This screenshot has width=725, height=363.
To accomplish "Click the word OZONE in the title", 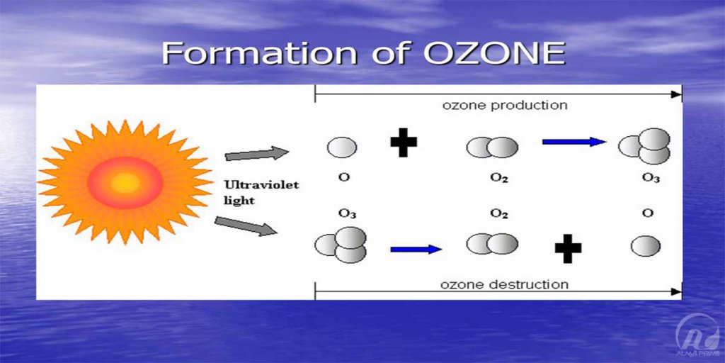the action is [494, 52].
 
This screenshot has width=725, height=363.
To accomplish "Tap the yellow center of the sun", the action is [125, 182].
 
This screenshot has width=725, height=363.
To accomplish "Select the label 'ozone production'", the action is [504, 105].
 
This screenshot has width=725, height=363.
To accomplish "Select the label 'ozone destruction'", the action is [504, 284].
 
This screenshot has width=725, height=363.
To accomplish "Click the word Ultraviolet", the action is [262, 185].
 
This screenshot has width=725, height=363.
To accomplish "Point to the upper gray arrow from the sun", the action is [257, 154].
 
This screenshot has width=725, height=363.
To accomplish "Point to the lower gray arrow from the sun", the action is [246, 226].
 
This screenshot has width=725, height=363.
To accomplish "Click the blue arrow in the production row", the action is [573, 142].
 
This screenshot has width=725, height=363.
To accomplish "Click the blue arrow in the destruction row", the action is [416, 250].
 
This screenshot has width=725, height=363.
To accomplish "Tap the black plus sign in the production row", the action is [404, 142].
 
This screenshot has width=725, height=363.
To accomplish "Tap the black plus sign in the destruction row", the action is [569, 249].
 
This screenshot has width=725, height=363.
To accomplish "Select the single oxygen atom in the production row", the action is [342, 147].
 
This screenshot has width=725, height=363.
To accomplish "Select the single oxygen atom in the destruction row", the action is [646, 246].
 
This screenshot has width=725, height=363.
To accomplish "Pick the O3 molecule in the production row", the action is [644, 146].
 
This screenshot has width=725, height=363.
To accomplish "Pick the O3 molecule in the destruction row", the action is [341, 245].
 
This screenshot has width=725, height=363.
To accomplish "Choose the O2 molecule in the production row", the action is [493, 147].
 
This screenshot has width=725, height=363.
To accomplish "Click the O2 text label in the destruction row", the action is [499, 214].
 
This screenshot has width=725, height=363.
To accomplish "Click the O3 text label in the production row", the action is [651, 178].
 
